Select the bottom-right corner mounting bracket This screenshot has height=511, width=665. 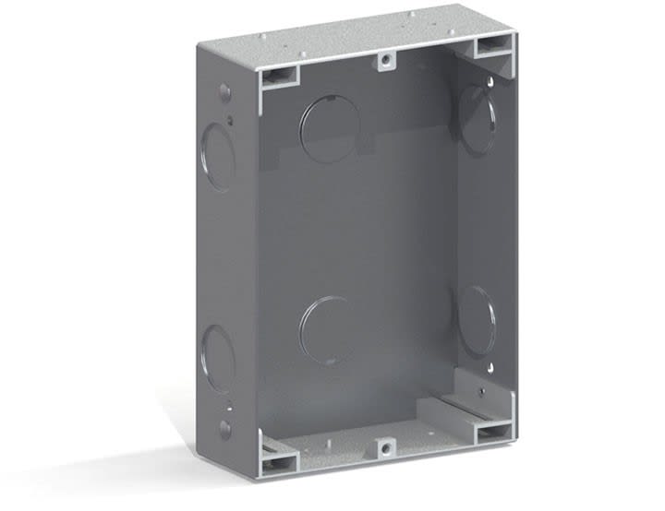[x=492, y=428]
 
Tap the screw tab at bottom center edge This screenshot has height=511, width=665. [x=382, y=449]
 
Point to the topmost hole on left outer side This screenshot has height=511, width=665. [x=224, y=92]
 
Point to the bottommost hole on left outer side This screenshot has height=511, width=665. [x=224, y=429]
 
